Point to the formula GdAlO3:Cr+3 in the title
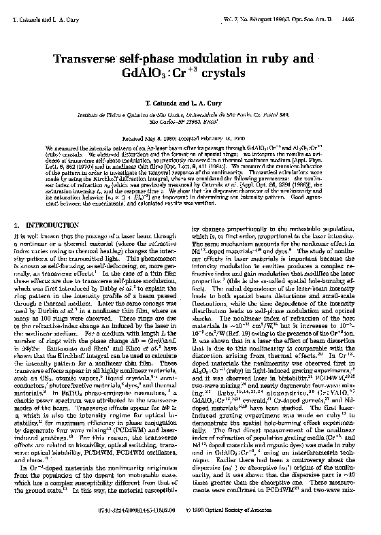pyautogui.click(x=171, y=74)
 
